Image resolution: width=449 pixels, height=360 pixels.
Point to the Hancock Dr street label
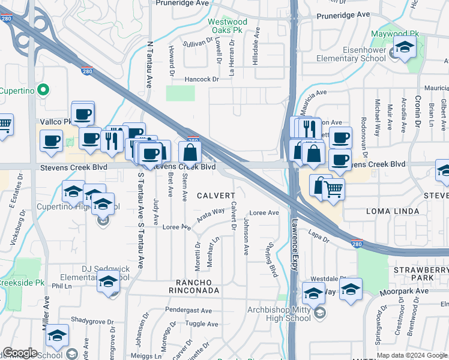pos(202,79)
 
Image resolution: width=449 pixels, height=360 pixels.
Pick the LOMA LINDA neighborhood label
pos(393,212)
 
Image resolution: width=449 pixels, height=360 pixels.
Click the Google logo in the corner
pos(20,353)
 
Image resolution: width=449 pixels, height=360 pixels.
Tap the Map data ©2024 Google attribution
pos(412,355)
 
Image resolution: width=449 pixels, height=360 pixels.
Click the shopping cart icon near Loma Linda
pos(334,190)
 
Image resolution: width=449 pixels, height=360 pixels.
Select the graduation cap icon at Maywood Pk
pos(405,48)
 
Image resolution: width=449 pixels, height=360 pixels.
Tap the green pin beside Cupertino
pos(43,91)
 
